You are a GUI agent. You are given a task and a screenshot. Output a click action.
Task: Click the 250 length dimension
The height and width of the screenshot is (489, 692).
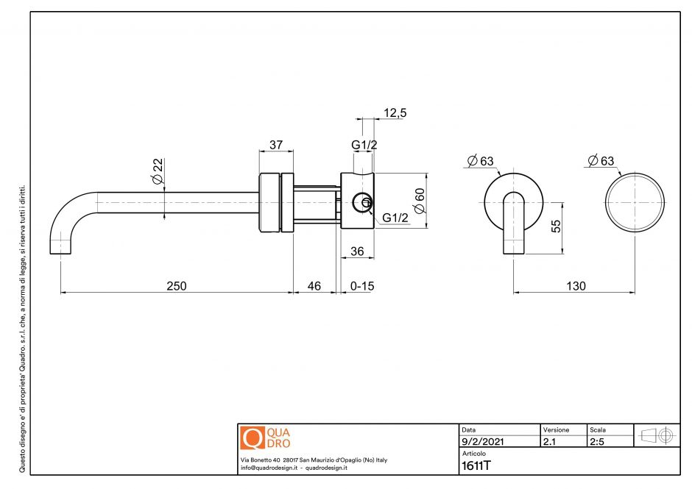pos(176,285)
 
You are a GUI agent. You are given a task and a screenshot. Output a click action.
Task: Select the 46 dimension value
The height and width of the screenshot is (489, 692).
pos(314,285)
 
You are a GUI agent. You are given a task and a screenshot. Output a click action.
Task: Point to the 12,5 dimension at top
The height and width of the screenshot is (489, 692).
pos(395,113)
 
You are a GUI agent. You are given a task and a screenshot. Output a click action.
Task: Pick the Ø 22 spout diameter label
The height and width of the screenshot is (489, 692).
pos(157,171)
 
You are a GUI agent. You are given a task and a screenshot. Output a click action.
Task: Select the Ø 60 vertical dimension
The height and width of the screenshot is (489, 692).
pos(420,200)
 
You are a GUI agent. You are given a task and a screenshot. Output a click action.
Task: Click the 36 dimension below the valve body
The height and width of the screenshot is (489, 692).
pos(357,251)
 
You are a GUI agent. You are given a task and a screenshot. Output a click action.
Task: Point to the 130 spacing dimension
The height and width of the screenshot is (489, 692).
pos(577,285)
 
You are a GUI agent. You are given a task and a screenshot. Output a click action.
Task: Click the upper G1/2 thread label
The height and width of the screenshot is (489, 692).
pos(364,145)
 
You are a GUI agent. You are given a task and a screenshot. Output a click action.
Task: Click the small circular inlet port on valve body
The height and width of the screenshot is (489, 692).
pos(362,201)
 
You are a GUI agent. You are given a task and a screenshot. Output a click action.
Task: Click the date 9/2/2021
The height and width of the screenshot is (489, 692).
pos(482,443)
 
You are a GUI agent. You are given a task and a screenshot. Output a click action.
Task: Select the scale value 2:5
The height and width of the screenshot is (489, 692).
pos(599,443)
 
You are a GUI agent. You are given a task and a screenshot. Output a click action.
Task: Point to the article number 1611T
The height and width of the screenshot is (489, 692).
pos(476,465)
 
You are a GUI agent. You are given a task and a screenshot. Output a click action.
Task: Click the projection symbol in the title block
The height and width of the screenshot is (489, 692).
pos(657,435)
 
